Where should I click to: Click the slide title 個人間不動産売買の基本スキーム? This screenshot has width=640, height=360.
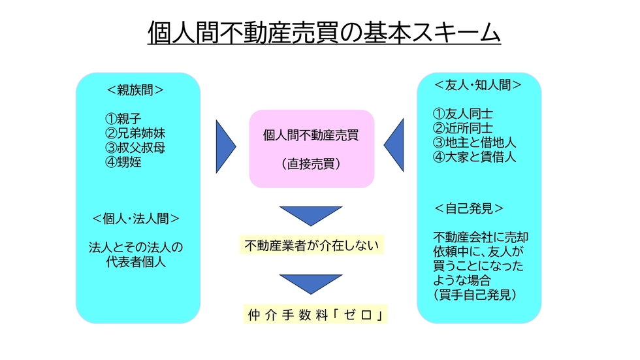click(324, 32)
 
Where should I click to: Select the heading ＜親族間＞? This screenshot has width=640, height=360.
click(135, 90)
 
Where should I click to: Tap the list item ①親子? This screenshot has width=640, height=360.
click(123, 119)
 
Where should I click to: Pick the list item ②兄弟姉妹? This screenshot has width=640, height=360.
click(135, 133)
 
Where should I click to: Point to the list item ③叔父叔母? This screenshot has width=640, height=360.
click(135, 148)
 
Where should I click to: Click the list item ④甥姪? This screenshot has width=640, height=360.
click(123, 162)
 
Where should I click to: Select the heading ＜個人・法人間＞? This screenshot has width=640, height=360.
click(136, 219)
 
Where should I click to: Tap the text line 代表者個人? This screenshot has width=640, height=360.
click(136, 261)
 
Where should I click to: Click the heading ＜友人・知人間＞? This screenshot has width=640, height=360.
click(478, 85)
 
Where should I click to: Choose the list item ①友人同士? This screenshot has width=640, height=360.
click(463, 114)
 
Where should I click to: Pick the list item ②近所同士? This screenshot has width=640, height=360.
click(463, 128)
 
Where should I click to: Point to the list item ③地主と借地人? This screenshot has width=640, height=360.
click(474, 142)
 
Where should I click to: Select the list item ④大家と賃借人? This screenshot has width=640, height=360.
click(474, 157)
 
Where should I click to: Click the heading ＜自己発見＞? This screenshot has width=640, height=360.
click(469, 208)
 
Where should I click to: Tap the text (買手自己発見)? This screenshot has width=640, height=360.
click(475, 294)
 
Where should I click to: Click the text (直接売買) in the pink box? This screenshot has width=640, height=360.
click(311, 164)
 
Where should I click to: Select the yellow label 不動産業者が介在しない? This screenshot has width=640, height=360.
click(312, 245)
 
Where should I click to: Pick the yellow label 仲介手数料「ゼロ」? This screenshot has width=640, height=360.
click(315, 314)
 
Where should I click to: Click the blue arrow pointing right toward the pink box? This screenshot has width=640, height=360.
click(226, 146)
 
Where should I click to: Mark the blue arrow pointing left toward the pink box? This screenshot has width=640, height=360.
click(394, 145)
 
